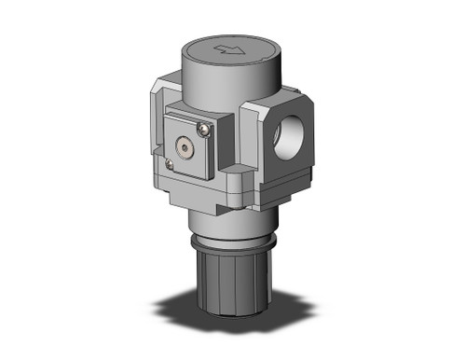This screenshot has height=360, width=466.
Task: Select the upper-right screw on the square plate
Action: pos(204,125)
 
